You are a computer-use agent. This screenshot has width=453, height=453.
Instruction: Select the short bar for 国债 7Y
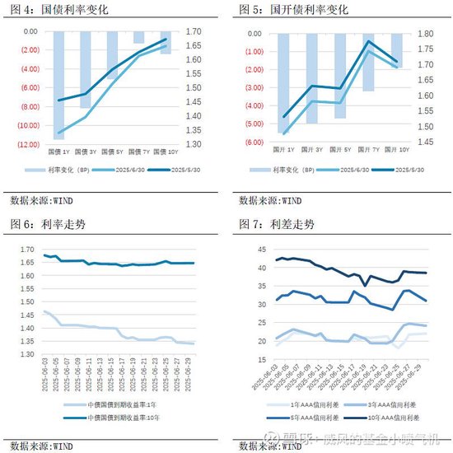138,38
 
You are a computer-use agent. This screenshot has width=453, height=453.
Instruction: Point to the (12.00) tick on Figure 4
27,145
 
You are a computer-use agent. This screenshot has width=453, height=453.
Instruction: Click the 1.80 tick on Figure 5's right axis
424,34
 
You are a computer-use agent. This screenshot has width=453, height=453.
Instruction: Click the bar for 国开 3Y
311,78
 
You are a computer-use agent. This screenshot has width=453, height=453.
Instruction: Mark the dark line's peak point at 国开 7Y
369,41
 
